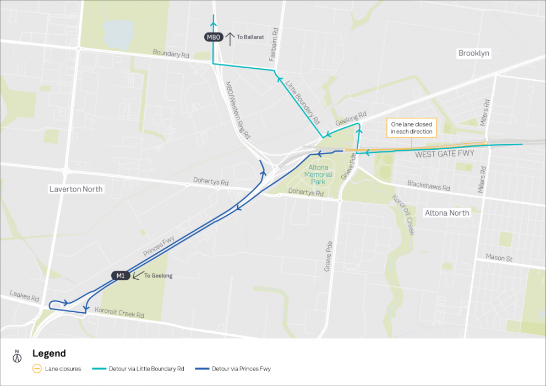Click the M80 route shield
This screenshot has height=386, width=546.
213,37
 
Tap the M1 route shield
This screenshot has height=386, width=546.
121,275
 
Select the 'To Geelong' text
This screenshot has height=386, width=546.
159,276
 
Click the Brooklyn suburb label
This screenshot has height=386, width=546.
474,53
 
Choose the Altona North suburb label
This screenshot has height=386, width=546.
447,213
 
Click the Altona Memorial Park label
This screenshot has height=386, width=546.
320,175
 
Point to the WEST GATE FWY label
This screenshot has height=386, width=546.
445,154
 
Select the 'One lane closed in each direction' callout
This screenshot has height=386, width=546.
411,128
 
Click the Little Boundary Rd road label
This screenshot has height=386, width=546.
303,102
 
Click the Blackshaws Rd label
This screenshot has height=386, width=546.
428,185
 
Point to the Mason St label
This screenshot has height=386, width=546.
499,258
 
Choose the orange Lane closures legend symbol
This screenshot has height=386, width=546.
37,369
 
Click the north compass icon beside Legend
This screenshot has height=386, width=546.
17,356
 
